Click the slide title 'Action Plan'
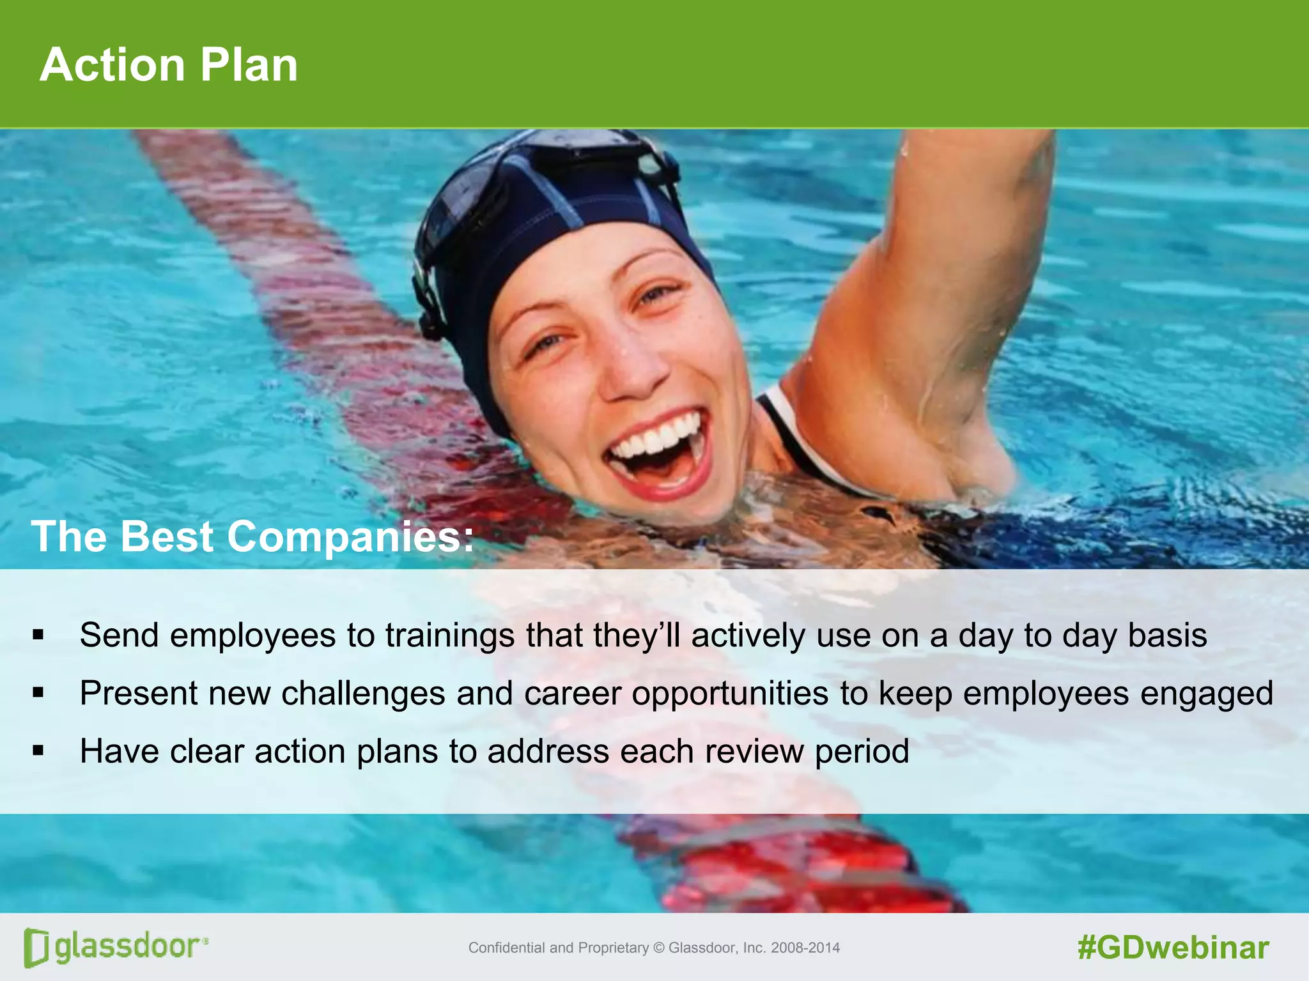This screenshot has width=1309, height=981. (x=169, y=65)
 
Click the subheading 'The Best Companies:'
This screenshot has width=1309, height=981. (x=252, y=536)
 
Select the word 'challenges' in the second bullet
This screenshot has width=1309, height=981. (x=363, y=694)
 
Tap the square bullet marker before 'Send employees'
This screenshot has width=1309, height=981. (x=38, y=635)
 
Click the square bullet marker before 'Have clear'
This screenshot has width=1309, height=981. (x=38, y=750)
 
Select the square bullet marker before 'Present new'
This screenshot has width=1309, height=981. (x=38, y=693)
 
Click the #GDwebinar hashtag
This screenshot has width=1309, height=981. (x=1173, y=948)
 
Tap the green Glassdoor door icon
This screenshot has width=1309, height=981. (x=36, y=947)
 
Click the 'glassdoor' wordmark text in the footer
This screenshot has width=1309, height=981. (x=128, y=946)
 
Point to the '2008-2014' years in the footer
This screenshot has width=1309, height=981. (x=805, y=948)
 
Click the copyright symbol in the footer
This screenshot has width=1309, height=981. (x=659, y=948)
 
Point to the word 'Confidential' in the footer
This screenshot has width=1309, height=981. (x=507, y=948)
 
